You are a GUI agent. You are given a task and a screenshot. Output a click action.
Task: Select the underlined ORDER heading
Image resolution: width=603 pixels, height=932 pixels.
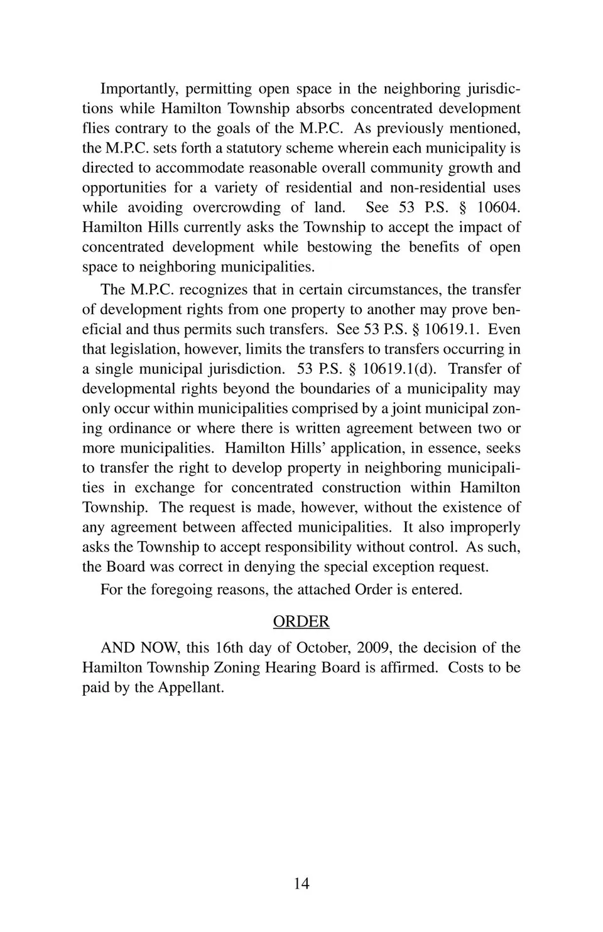(x=301, y=622)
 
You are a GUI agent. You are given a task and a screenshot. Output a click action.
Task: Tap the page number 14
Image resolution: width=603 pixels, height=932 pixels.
(x=301, y=884)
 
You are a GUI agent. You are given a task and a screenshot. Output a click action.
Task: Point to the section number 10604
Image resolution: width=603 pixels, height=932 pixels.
(x=498, y=207)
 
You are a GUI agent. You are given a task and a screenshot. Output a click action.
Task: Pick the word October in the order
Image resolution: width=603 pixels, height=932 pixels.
(x=323, y=648)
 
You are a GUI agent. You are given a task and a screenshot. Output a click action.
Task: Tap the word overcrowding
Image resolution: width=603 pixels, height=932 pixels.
(x=237, y=207)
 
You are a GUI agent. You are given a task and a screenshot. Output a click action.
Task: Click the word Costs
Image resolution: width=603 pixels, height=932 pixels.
(x=465, y=667)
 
